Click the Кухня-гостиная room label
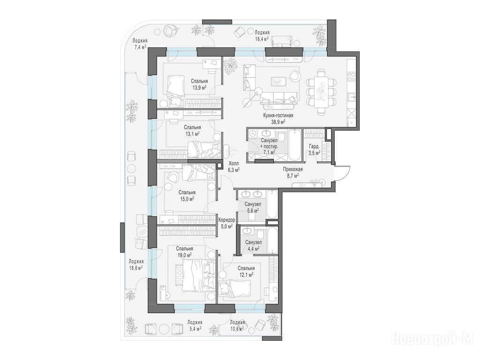coord(278,115)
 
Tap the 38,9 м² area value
coord(278,121)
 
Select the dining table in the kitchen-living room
coord(321,91)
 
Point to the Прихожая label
coord(293,169)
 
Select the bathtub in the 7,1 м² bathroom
coord(294,145)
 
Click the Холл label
coord(233,164)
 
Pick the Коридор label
coord(227,220)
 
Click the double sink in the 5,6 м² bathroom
coord(252,194)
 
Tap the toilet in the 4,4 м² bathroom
coord(260,234)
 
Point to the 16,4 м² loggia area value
coord(262,38)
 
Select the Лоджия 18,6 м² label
coord(136,264)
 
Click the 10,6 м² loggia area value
coord(237,329)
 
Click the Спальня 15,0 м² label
coord(187,195)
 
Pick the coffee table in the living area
coord(278,81)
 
